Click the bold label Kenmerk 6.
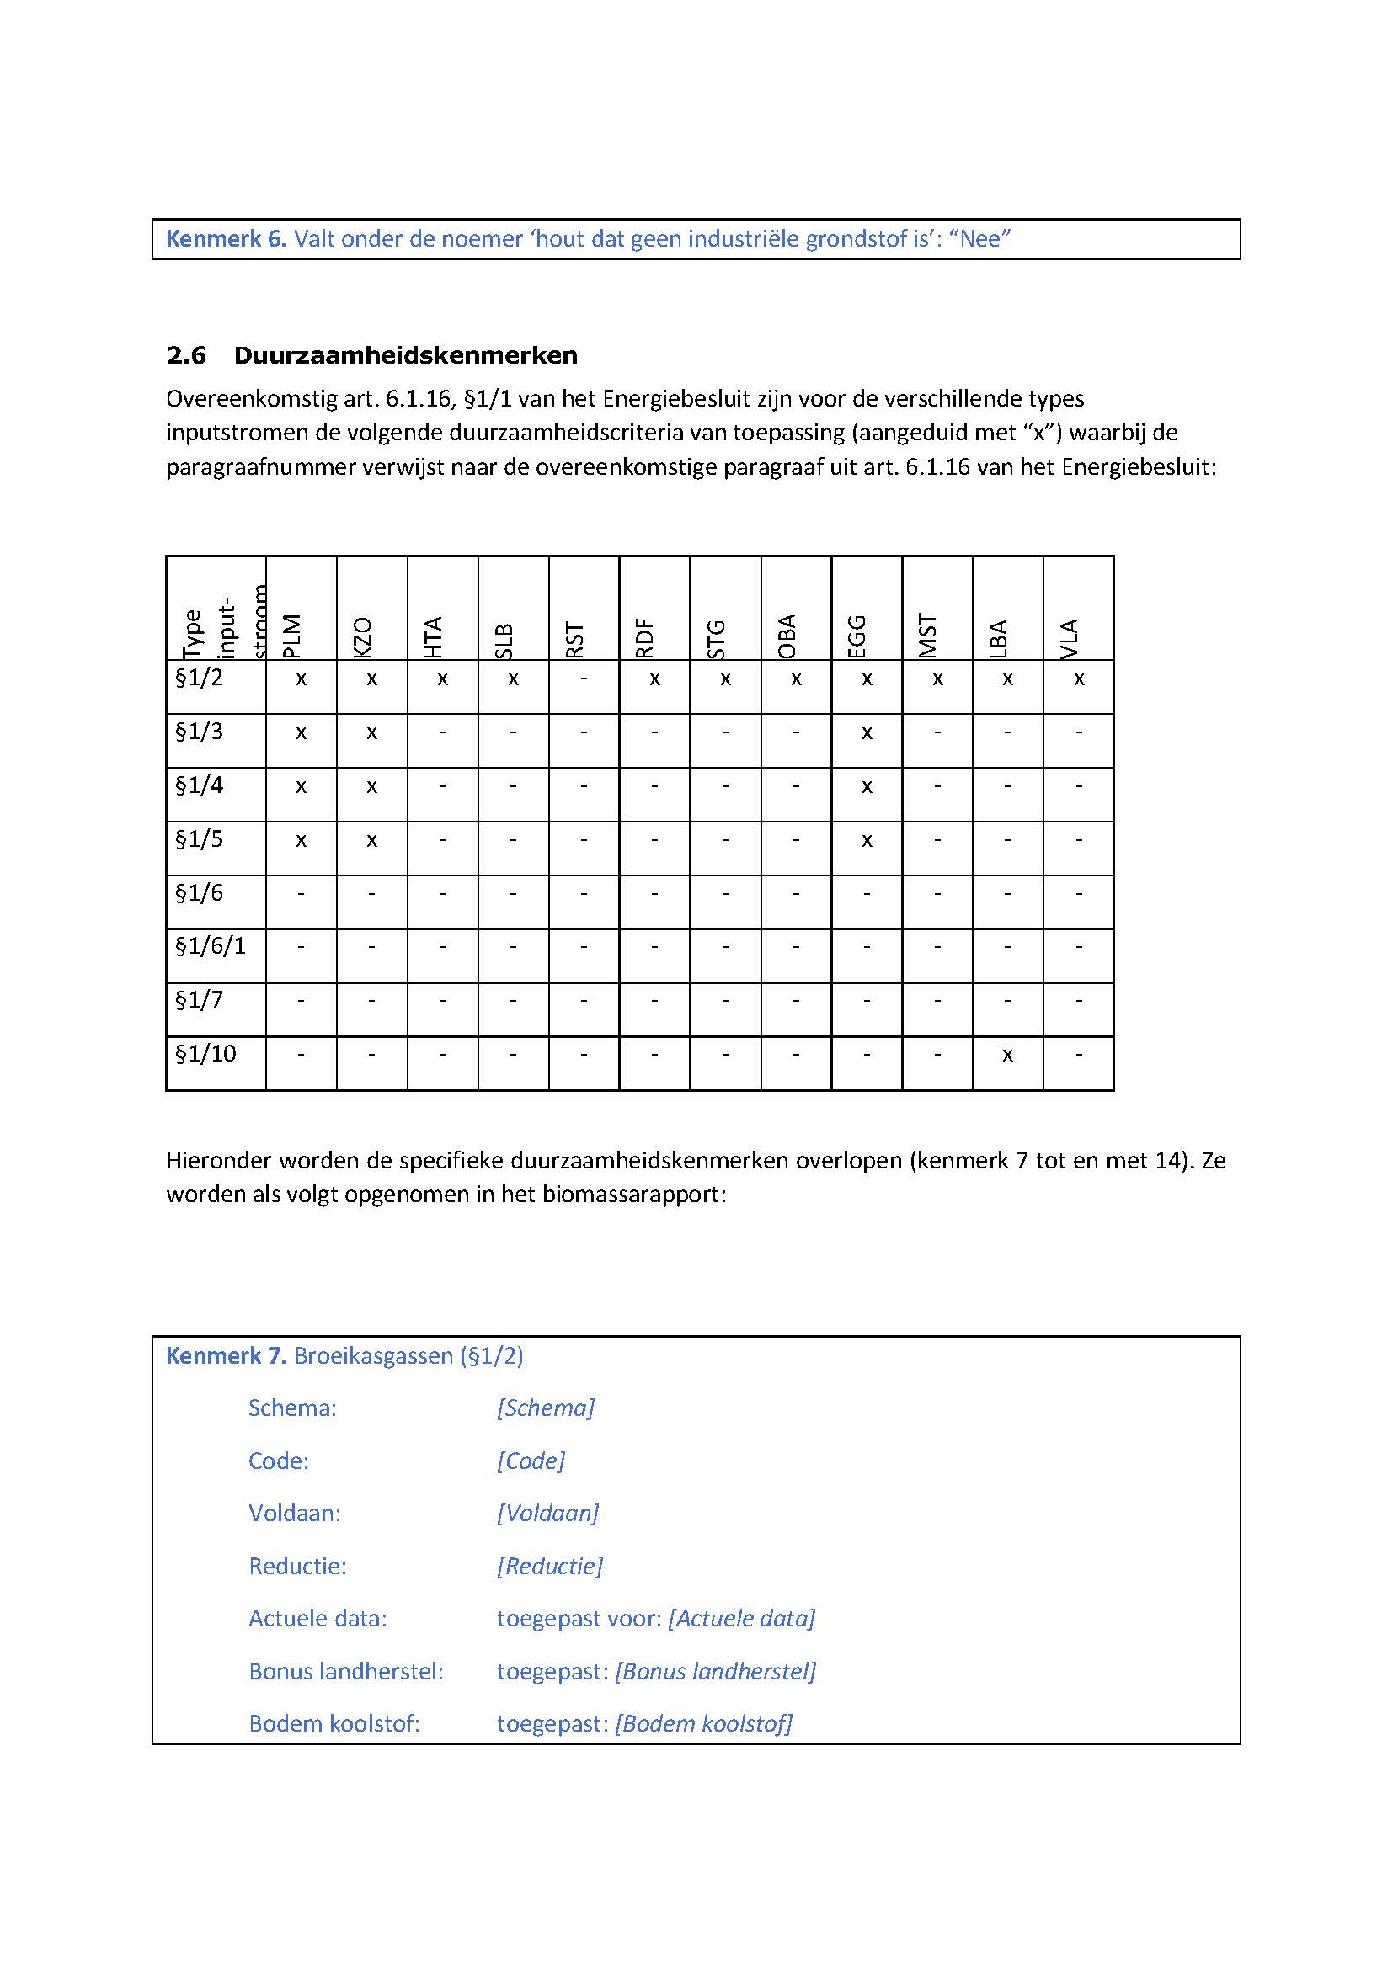click(x=225, y=239)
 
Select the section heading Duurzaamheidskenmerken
click(x=406, y=356)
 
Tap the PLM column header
click(x=293, y=636)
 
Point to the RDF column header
click(x=646, y=638)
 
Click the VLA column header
click(x=1070, y=638)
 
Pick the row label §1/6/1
click(x=211, y=946)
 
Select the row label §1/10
click(x=205, y=1053)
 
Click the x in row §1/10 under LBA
click(x=1008, y=1055)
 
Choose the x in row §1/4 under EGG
click(x=867, y=786)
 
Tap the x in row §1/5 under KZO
click(x=371, y=840)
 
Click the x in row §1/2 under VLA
click(x=1079, y=679)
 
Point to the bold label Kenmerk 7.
click(x=225, y=1356)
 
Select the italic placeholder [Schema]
click(x=546, y=1408)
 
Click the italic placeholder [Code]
click(x=531, y=1461)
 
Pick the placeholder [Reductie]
click(x=550, y=1566)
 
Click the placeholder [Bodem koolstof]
click(x=703, y=1724)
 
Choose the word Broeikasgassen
click(x=374, y=1356)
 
